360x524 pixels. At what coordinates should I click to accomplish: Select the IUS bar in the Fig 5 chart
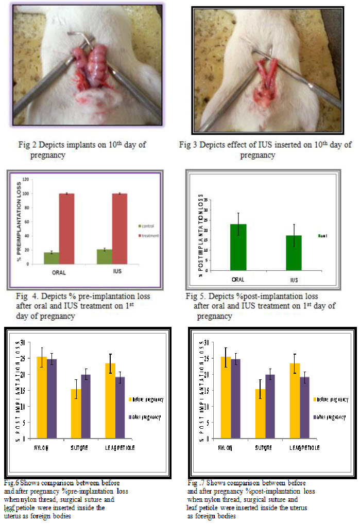click(294, 253)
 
